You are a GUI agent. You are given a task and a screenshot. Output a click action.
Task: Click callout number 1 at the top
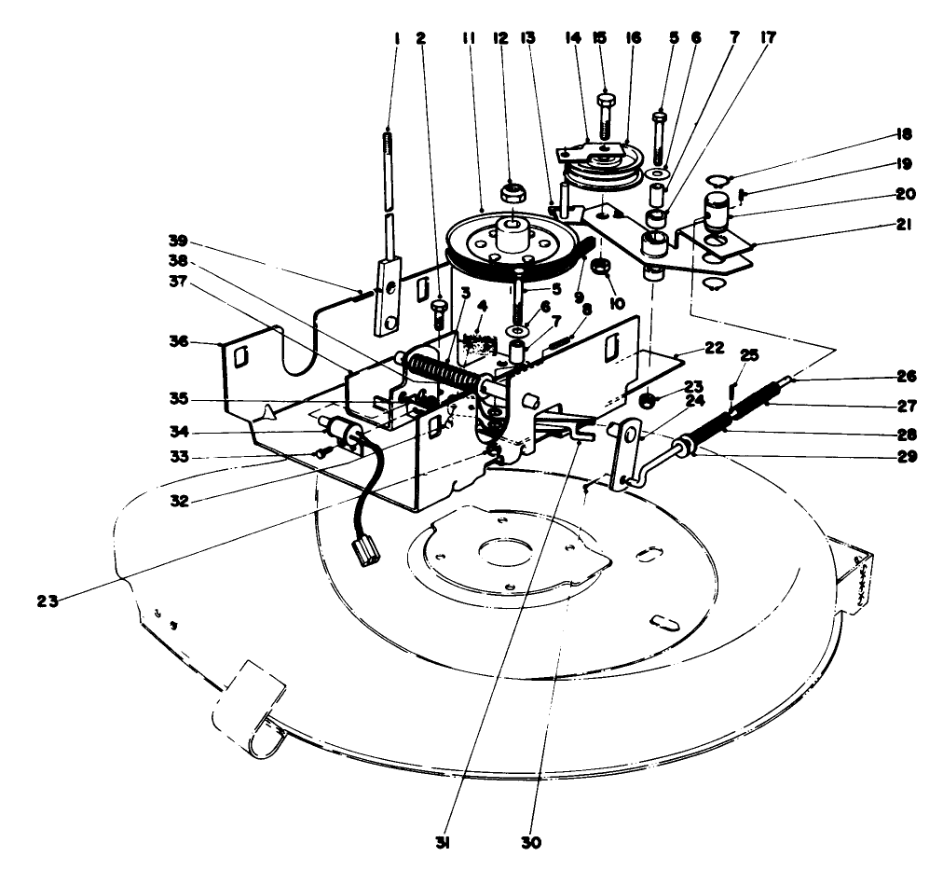click(397, 39)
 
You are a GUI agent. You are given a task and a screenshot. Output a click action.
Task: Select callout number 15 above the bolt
click(600, 39)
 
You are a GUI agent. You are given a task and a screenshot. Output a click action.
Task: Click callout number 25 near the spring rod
click(750, 354)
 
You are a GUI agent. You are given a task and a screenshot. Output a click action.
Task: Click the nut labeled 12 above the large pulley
click(511, 194)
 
